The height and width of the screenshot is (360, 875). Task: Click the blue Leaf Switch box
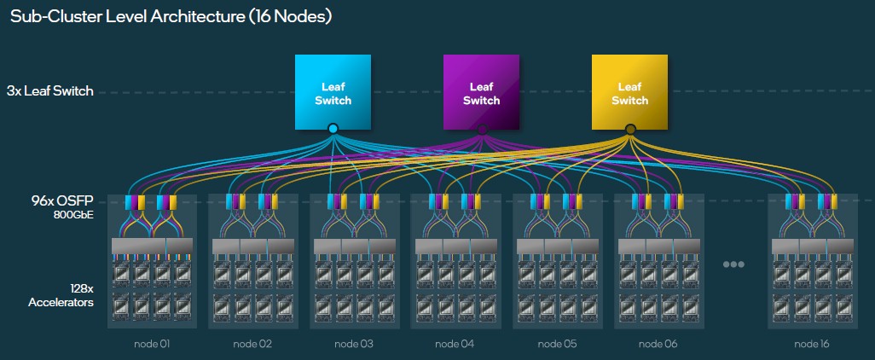click(333, 92)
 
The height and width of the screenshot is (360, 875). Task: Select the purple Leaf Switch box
click(481, 92)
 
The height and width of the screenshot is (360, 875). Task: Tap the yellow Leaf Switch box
click(629, 92)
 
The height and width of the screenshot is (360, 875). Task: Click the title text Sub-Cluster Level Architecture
click(128, 15)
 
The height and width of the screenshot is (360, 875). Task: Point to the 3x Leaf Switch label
click(49, 91)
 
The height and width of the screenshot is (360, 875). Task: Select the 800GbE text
click(72, 215)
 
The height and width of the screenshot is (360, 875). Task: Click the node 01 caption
click(152, 344)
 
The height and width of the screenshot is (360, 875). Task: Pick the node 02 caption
click(252, 344)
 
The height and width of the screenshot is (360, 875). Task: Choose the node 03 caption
click(354, 344)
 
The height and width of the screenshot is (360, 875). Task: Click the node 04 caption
click(455, 344)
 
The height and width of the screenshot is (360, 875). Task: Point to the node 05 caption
click(557, 344)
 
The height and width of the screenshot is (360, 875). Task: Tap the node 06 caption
click(658, 344)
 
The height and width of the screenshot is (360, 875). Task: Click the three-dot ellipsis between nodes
click(733, 264)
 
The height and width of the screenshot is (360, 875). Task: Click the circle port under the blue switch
click(333, 129)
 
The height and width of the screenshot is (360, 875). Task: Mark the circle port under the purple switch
click(482, 129)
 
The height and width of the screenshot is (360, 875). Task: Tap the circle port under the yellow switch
click(630, 129)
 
